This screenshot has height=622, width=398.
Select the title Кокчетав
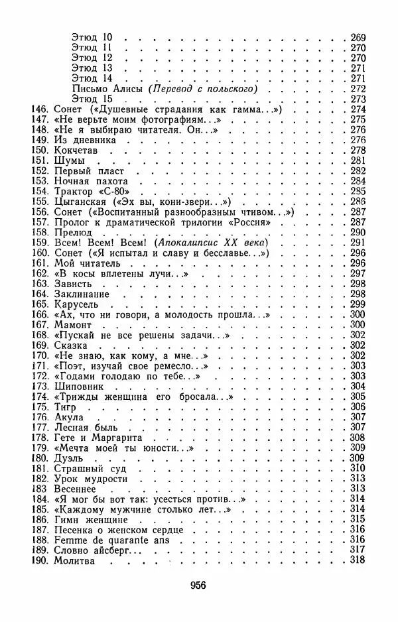(x=75, y=150)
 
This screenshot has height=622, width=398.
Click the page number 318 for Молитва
(x=358, y=561)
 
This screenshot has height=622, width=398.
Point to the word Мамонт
(x=71, y=324)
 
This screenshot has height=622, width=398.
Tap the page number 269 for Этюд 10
(x=358, y=37)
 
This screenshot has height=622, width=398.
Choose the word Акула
(x=68, y=416)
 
